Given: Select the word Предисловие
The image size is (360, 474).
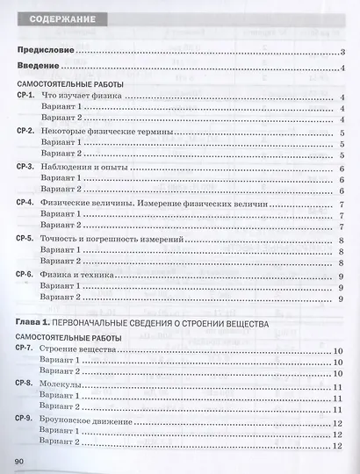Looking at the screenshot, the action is click(46, 52).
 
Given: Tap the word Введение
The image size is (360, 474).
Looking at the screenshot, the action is click(40, 68).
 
